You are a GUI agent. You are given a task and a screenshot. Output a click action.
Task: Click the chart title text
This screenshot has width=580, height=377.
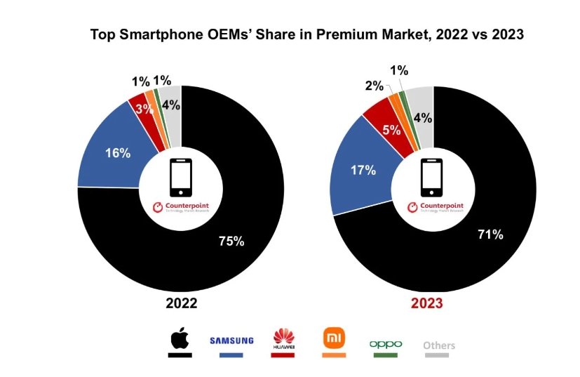coord(307,34)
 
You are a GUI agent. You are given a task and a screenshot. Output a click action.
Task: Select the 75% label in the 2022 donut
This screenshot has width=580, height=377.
coord(231,242)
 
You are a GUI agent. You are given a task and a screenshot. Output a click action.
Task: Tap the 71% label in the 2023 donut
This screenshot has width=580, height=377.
coord(490,234)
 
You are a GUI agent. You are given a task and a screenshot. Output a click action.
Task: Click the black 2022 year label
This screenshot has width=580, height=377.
coord(181,304)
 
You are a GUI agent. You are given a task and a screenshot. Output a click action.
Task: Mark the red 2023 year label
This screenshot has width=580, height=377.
coord(427,304)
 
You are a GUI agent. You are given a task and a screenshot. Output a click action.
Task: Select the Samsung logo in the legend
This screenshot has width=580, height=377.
coord(231,340)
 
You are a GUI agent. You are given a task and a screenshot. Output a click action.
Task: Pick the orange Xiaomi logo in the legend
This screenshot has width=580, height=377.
coord(333,338)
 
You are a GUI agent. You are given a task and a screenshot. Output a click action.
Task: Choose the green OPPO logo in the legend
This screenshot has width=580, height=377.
coord(386,344)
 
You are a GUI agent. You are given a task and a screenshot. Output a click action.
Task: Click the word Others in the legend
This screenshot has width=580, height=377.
coord(439,345)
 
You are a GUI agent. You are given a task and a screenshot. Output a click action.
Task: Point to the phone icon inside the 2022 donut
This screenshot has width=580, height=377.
coord(181,178)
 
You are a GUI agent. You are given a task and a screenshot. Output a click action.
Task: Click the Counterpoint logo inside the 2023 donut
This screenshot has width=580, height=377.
coord(436,207)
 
